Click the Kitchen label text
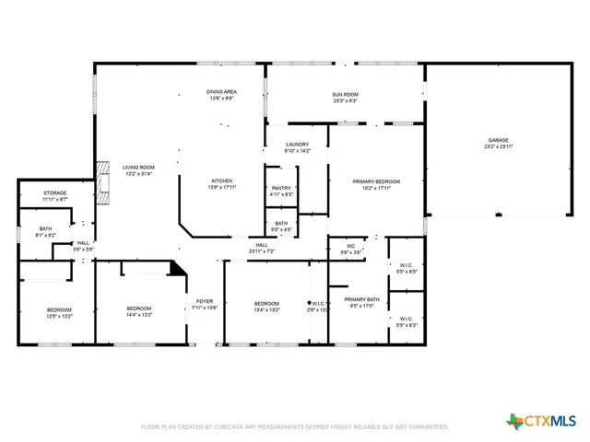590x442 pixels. (221, 183)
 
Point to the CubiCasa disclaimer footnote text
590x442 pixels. (294, 427)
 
